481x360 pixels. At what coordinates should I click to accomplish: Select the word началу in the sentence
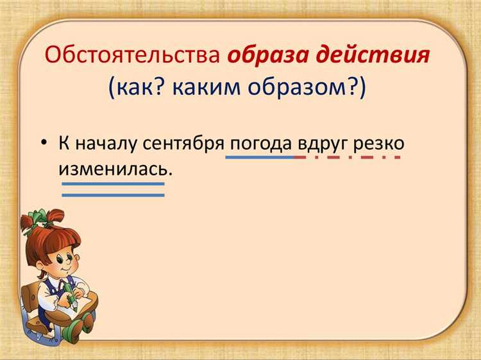pyautogui.click(x=105, y=143)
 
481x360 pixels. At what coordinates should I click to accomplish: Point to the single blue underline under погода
pyautogui.click(x=260, y=157)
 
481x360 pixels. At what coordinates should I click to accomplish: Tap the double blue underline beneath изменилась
pyautogui.click(x=113, y=189)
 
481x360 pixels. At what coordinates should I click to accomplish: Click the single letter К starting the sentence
pyautogui.click(x=63, y=143)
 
